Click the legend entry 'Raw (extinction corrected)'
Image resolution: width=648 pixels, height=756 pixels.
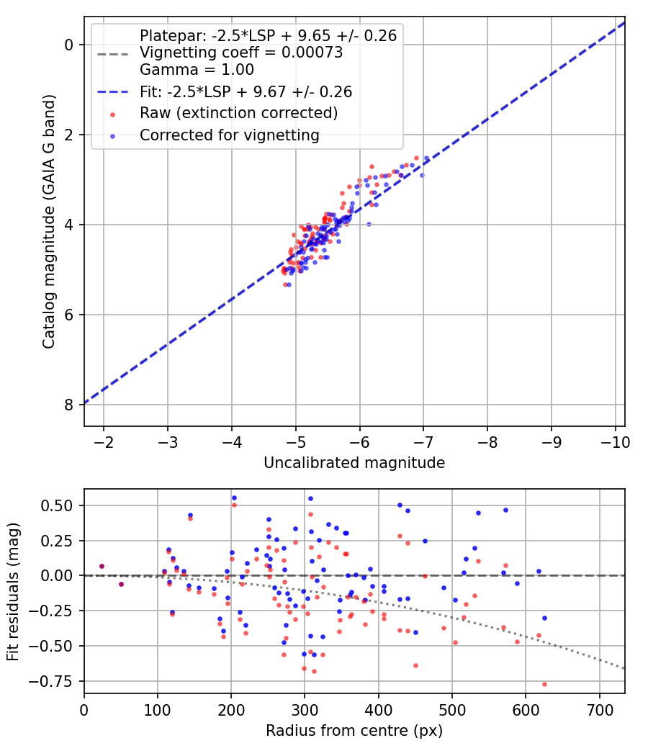coord(238,113)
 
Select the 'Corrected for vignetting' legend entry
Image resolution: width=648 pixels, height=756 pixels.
coord(230,135)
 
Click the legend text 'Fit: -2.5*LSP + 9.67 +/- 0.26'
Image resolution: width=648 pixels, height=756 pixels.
coord(246,91)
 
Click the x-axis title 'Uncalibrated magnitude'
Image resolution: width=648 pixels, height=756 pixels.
coord(354,462)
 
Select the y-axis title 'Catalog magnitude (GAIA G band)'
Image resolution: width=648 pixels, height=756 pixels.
coord(48,224)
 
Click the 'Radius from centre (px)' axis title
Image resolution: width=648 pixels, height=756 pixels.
coord(354,731)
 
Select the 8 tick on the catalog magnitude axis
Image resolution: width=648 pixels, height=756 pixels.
coord(70,405)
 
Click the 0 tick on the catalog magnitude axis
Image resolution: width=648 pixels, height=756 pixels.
coord(70,45)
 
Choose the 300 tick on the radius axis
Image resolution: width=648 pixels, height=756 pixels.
coord(305,708)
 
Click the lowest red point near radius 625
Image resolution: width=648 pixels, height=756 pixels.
coord(544,684)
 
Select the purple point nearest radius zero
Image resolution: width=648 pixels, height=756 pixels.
coord(102,567)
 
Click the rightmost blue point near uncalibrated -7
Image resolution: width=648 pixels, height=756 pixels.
coord(427,158)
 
